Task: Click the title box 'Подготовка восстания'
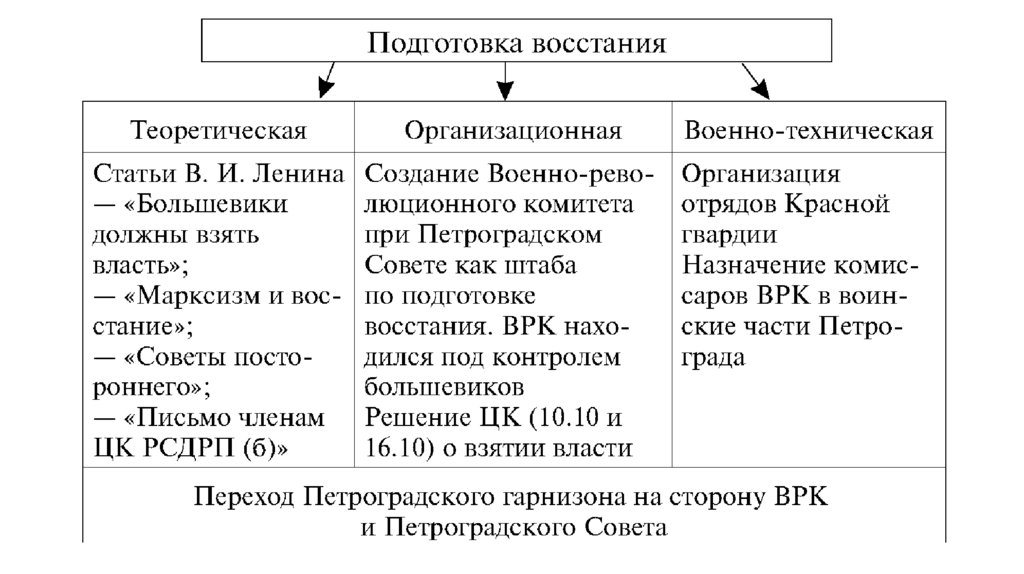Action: pos(517,42)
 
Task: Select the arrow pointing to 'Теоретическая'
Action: pos(327,81)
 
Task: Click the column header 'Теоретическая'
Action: pos(219,131)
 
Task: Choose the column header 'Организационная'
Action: pos(513,131)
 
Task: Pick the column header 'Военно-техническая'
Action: pos(808,131)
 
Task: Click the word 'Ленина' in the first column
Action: pos(301,173)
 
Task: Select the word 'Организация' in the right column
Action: pos(760,173)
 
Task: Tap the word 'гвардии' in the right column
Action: pos(726,235)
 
